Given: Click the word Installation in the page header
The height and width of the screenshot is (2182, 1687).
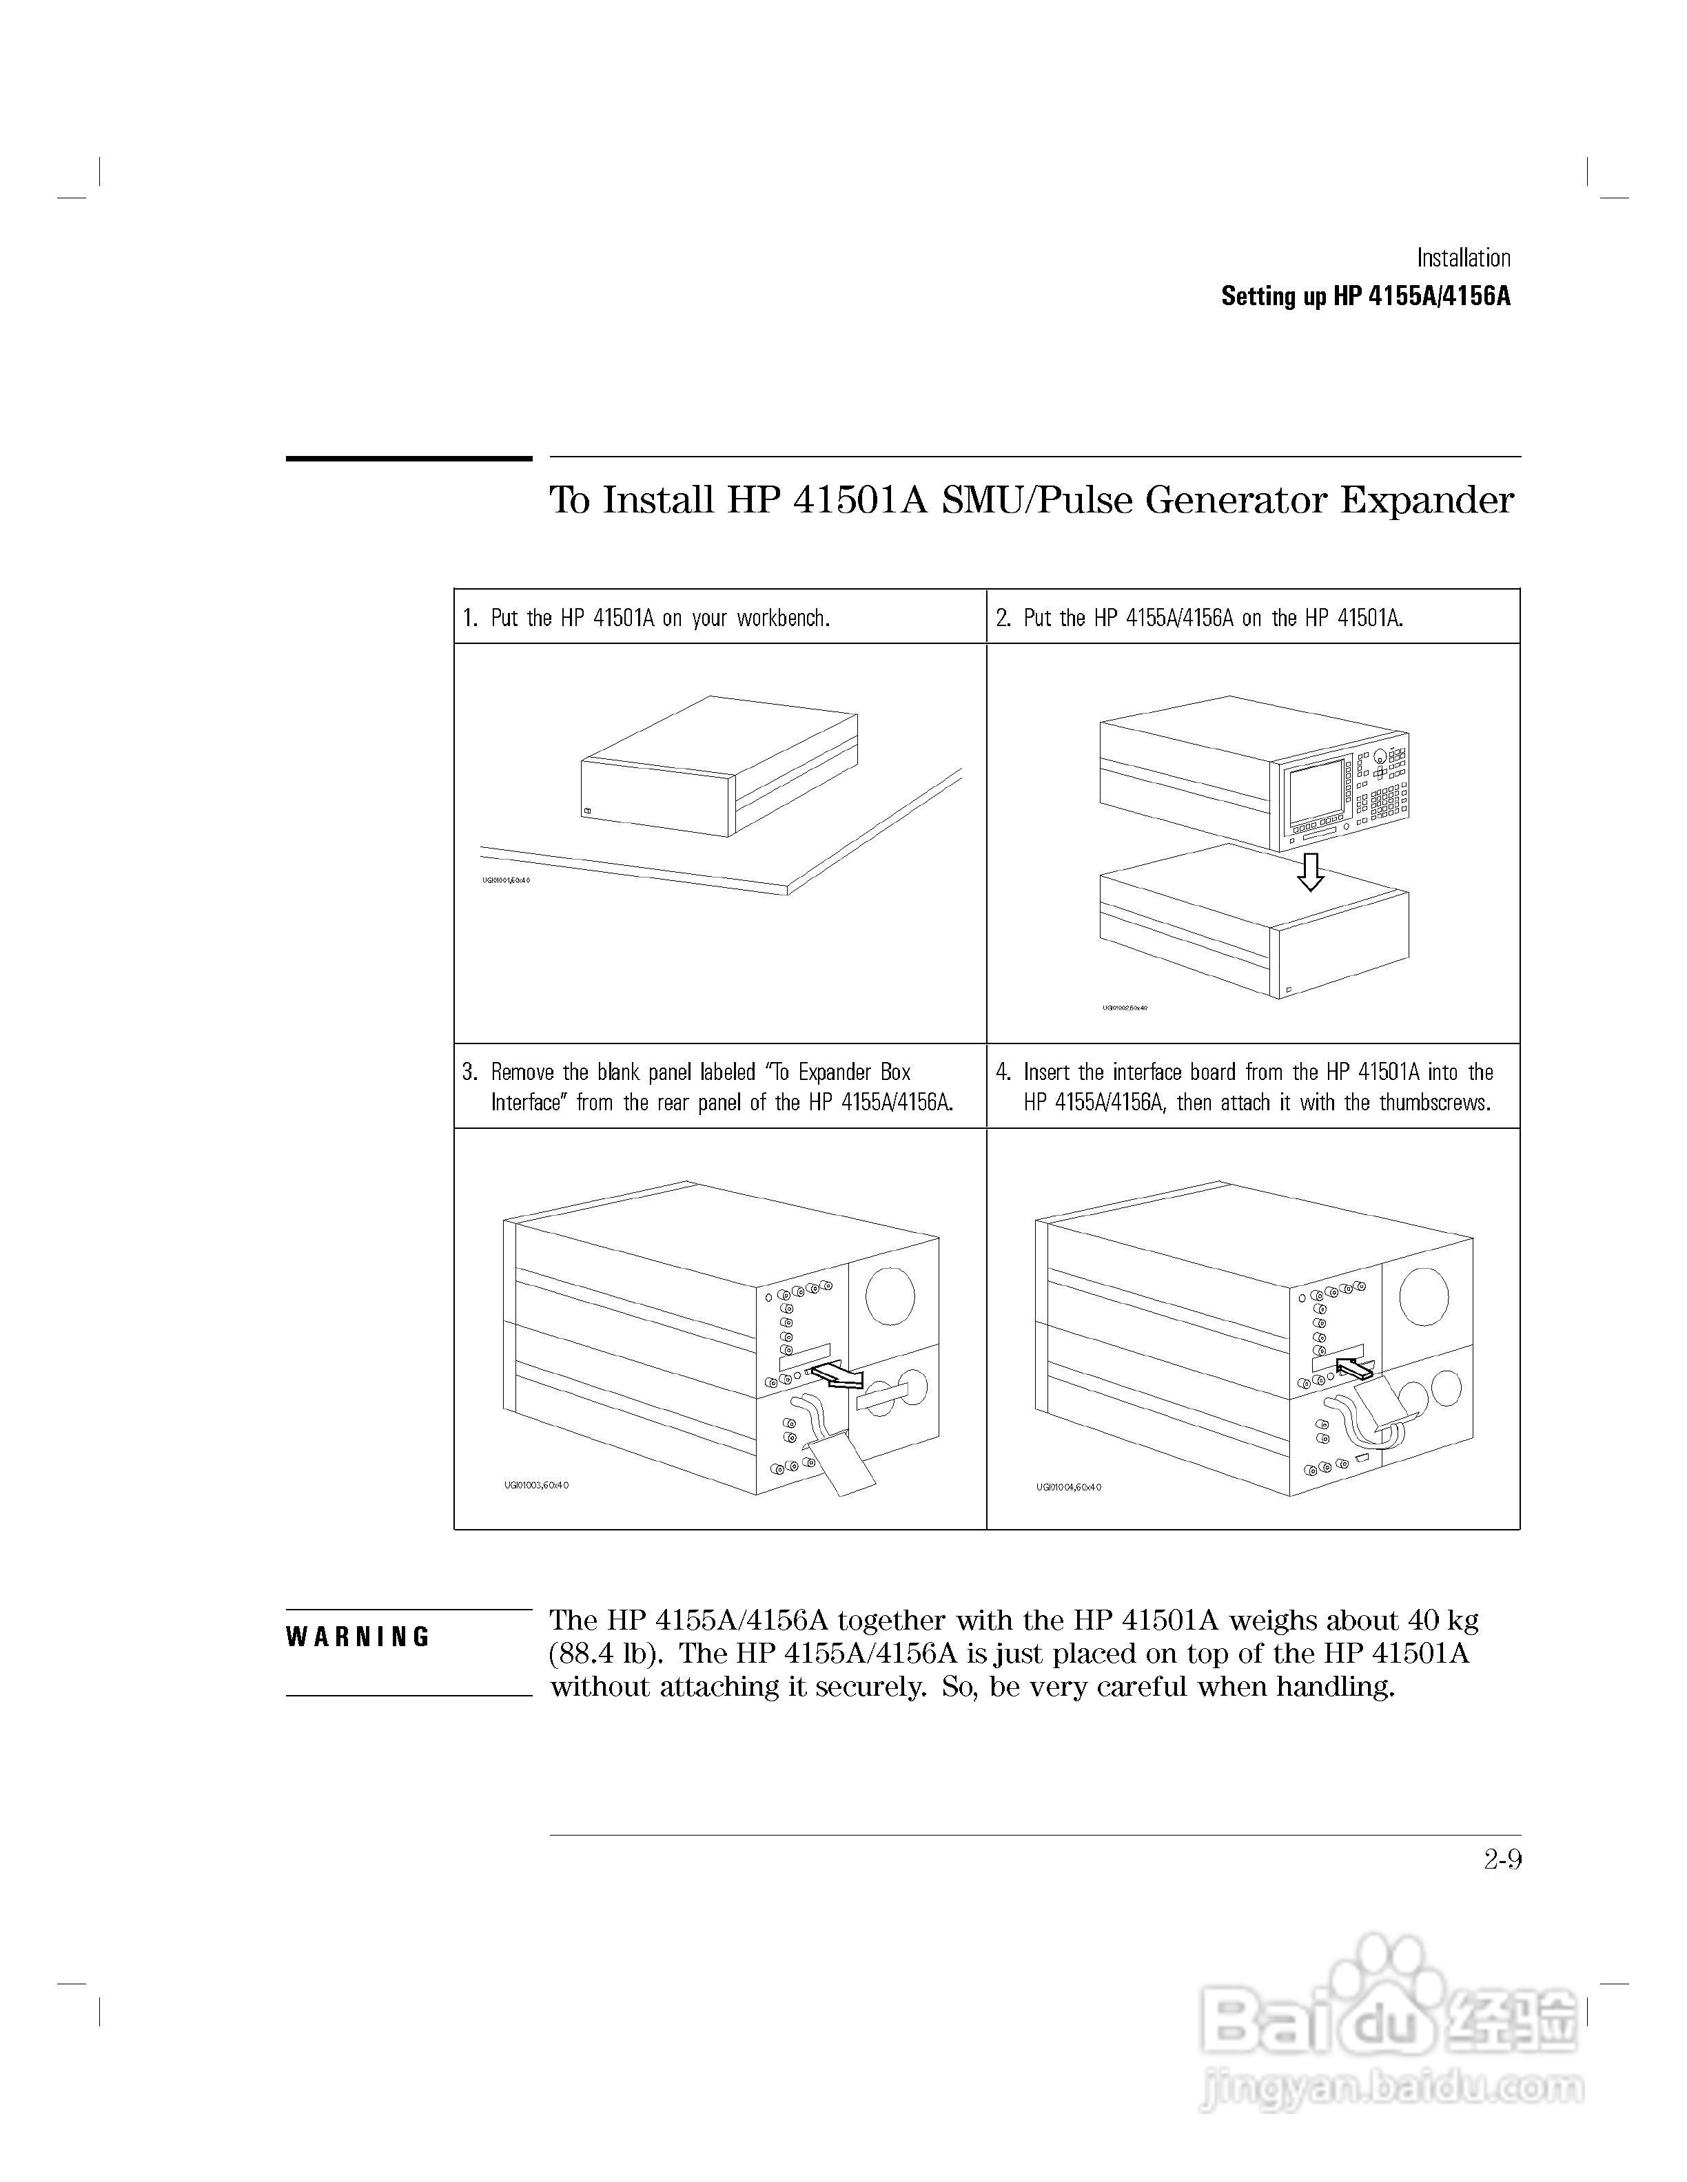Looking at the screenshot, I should (1463, 258).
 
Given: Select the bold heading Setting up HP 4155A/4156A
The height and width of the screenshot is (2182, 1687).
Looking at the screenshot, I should (1365, 297).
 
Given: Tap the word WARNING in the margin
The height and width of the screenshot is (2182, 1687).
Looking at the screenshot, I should (358, 1636).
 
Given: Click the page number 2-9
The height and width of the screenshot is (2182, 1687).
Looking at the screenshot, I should (1502, 1859).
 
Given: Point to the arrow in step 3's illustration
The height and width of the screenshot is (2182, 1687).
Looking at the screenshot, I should (837, 1377).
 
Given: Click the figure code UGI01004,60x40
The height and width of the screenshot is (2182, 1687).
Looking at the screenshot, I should (1068, 1486).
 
